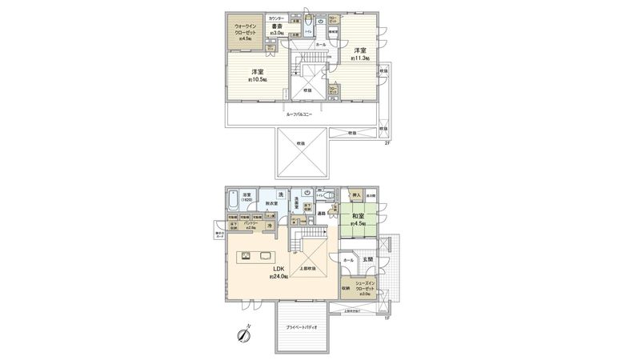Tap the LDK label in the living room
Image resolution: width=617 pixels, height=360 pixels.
click(x=279, y=269)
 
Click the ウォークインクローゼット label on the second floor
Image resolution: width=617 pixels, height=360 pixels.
click(x=244, y=29)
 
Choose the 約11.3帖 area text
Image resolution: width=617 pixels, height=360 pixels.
click(x=359, y=58)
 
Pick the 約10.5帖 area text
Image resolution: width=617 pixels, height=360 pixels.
click(x=257, y=80)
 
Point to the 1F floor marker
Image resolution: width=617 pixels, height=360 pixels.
click(x=386, y=319)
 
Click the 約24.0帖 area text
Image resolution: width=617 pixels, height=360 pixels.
click(x=279, y=277)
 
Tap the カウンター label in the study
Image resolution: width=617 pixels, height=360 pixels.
click(x=276, y=18)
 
